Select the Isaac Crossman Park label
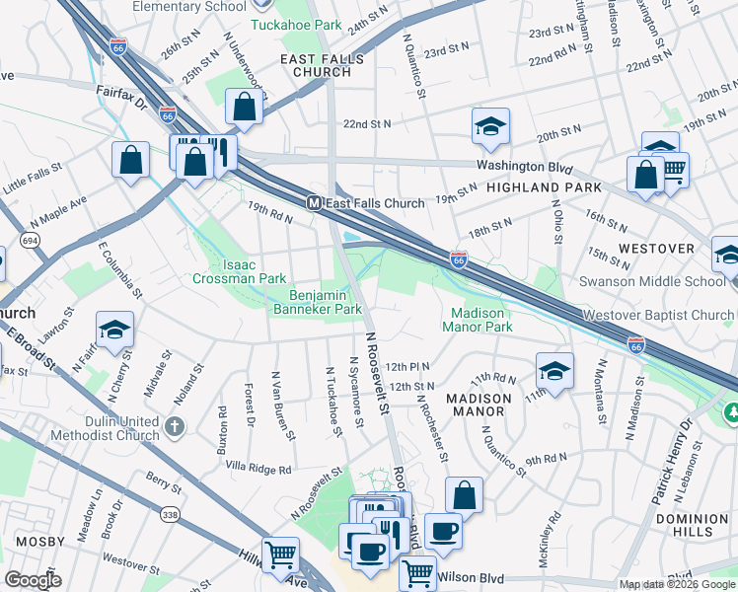tap(240, 272)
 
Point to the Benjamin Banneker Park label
tap(326, 302)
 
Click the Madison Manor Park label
tap(476, 320)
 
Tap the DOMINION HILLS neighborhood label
tap(692, 525)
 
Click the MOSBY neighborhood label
tap(39, 542)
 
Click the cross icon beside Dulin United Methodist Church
tap(175, 427)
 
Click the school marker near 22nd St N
tap(490, 126)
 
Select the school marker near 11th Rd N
tap(554, 372)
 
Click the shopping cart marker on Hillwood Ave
tap(281, 555)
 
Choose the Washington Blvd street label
tap(518, 166)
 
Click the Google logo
tap(34, 580)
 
